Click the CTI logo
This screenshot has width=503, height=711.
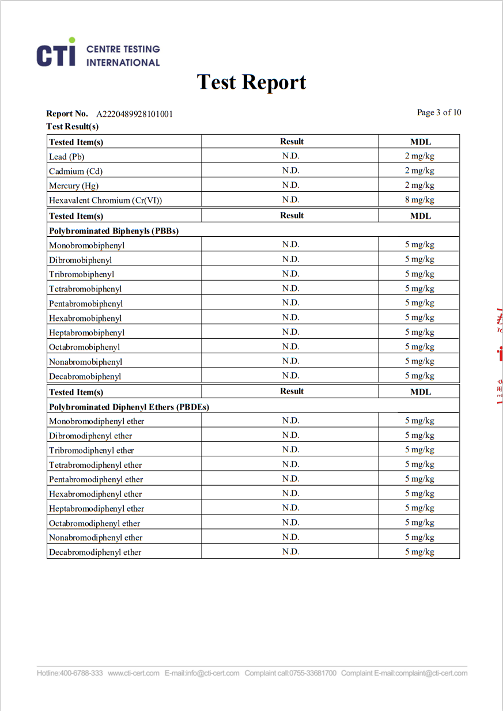click(98, 53)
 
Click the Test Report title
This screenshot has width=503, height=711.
click(251, 82)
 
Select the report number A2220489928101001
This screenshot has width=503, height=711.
click(134, 114)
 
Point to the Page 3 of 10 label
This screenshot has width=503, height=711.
click(439, 112)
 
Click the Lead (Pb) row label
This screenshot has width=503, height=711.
click(67, 157)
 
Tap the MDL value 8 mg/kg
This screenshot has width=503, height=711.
click(419, 200)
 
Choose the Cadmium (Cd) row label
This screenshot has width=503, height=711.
click(75, 171)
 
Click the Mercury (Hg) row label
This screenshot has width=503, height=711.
click(74, 186)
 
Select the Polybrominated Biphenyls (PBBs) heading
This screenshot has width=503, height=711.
click(114, 230)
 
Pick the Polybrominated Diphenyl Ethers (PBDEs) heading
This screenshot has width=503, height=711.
click(128, 407)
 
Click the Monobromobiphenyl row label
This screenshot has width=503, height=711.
click(86, 245)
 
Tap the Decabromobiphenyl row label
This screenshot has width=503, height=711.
click(85, 376)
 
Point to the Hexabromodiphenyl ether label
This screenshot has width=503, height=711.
click(95, 494)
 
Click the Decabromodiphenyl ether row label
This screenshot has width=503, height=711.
click(95, 552)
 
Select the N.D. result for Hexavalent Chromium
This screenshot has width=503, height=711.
click(290, 199)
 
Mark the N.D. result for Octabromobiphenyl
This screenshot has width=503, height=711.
click(290, 346)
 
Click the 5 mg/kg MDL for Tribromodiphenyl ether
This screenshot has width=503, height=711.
click(419, 449)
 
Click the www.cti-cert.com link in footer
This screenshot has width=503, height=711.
click(134, 673)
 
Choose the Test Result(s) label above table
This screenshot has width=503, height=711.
click(72, 126)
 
